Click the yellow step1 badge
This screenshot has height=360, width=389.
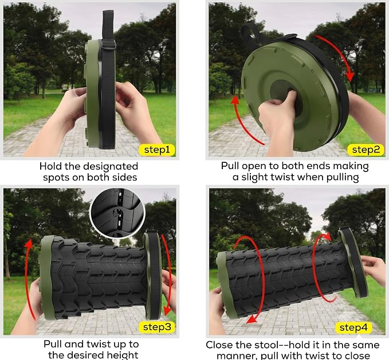156,150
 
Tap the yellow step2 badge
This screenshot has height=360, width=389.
366,150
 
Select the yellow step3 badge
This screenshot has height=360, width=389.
157,327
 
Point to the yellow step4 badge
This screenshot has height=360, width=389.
353,327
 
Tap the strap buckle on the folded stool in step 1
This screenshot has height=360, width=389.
109,44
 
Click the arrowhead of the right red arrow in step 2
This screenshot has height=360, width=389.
351,76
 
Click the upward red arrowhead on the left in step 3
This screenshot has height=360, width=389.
29,244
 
